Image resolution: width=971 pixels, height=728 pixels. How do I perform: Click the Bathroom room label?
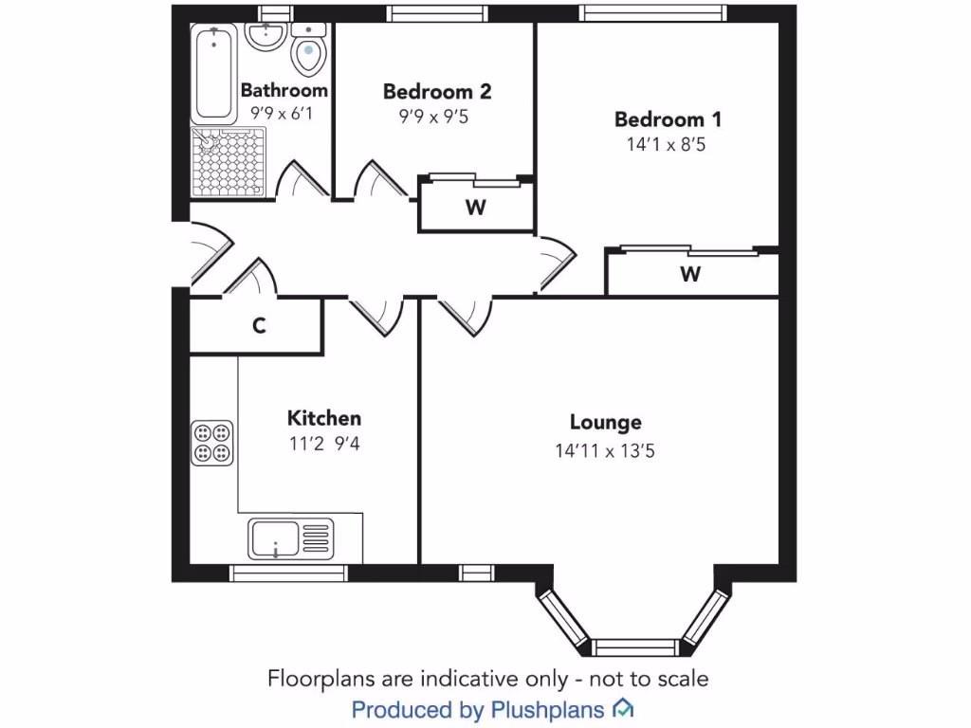pyautogui.click(x=284, y=91)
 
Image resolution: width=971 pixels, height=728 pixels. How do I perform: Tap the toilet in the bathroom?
pyautogui.click(x=308, y=55)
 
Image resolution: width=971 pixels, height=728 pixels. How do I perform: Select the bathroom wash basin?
pyautogui.click(x=266, y=38)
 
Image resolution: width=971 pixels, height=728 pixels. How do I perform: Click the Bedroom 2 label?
pyautogui.click(x=437, y=92)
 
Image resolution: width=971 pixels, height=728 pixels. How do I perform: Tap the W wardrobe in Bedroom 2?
pyautogui.click(x=476, y=209)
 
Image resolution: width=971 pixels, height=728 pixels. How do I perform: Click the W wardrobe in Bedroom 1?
pyautogui.click(x=690, y=275)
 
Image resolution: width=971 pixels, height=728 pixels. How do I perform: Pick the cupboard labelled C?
pyautogui.click(x=258, y=326)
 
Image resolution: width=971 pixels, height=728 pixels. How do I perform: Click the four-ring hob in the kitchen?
pyautogui.click(x=212, y=443)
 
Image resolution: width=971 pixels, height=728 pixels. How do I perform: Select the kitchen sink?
pyautogui.click(x=291, y=539)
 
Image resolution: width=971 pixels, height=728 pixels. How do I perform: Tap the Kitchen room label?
pyautogui.click(x=324, y=418)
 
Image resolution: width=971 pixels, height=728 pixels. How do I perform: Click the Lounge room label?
pyautogui.click(x=605, y=423)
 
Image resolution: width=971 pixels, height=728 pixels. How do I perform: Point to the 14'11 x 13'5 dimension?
pyautogui.click(x=605, y=451)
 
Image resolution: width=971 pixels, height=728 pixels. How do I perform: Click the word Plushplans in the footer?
pyautogui.click(x=548, y=708)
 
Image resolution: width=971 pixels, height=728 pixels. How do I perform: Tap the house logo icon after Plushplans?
pyautogui.click(x=623, y=707)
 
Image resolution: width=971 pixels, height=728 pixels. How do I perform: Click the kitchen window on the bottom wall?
pyautogui.click(x=288, y=573)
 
